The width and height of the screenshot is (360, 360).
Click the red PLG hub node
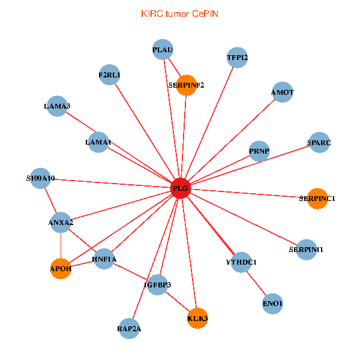click(x=181, y=188)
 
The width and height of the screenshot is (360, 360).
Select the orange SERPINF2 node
click(x=187, y=85)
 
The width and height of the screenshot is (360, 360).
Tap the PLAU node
click(x=163, y=50)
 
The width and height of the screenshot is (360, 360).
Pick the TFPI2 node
click(x=238, y=58)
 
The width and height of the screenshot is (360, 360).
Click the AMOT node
click(x=282, y=92)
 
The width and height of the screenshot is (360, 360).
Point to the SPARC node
click(x=319, y=142)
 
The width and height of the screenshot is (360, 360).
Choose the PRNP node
click(x=259, y=151)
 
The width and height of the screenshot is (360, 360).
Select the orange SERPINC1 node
click(x=317, y=198)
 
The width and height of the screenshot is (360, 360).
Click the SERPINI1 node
click(x=306, y=250)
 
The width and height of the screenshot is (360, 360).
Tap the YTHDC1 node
click(x=241, y=262)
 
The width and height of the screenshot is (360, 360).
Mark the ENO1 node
click(x=272, y=304)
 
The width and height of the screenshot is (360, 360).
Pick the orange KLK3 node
click(x=197, y=318)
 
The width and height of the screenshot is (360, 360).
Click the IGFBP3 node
click(x=158, y=284)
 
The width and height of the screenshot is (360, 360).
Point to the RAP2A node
click(x=129, y=328)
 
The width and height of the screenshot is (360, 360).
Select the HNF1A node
click(x=104, y=259)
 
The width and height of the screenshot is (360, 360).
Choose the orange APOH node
click(x=61, y=269)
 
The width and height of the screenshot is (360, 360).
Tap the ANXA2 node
click(x=61, y=223)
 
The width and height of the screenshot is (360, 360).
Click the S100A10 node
click(x=40, y=178)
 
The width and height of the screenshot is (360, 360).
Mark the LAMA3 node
click(x=57, y=106)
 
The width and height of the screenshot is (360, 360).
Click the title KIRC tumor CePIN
click(x=179, y=13)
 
